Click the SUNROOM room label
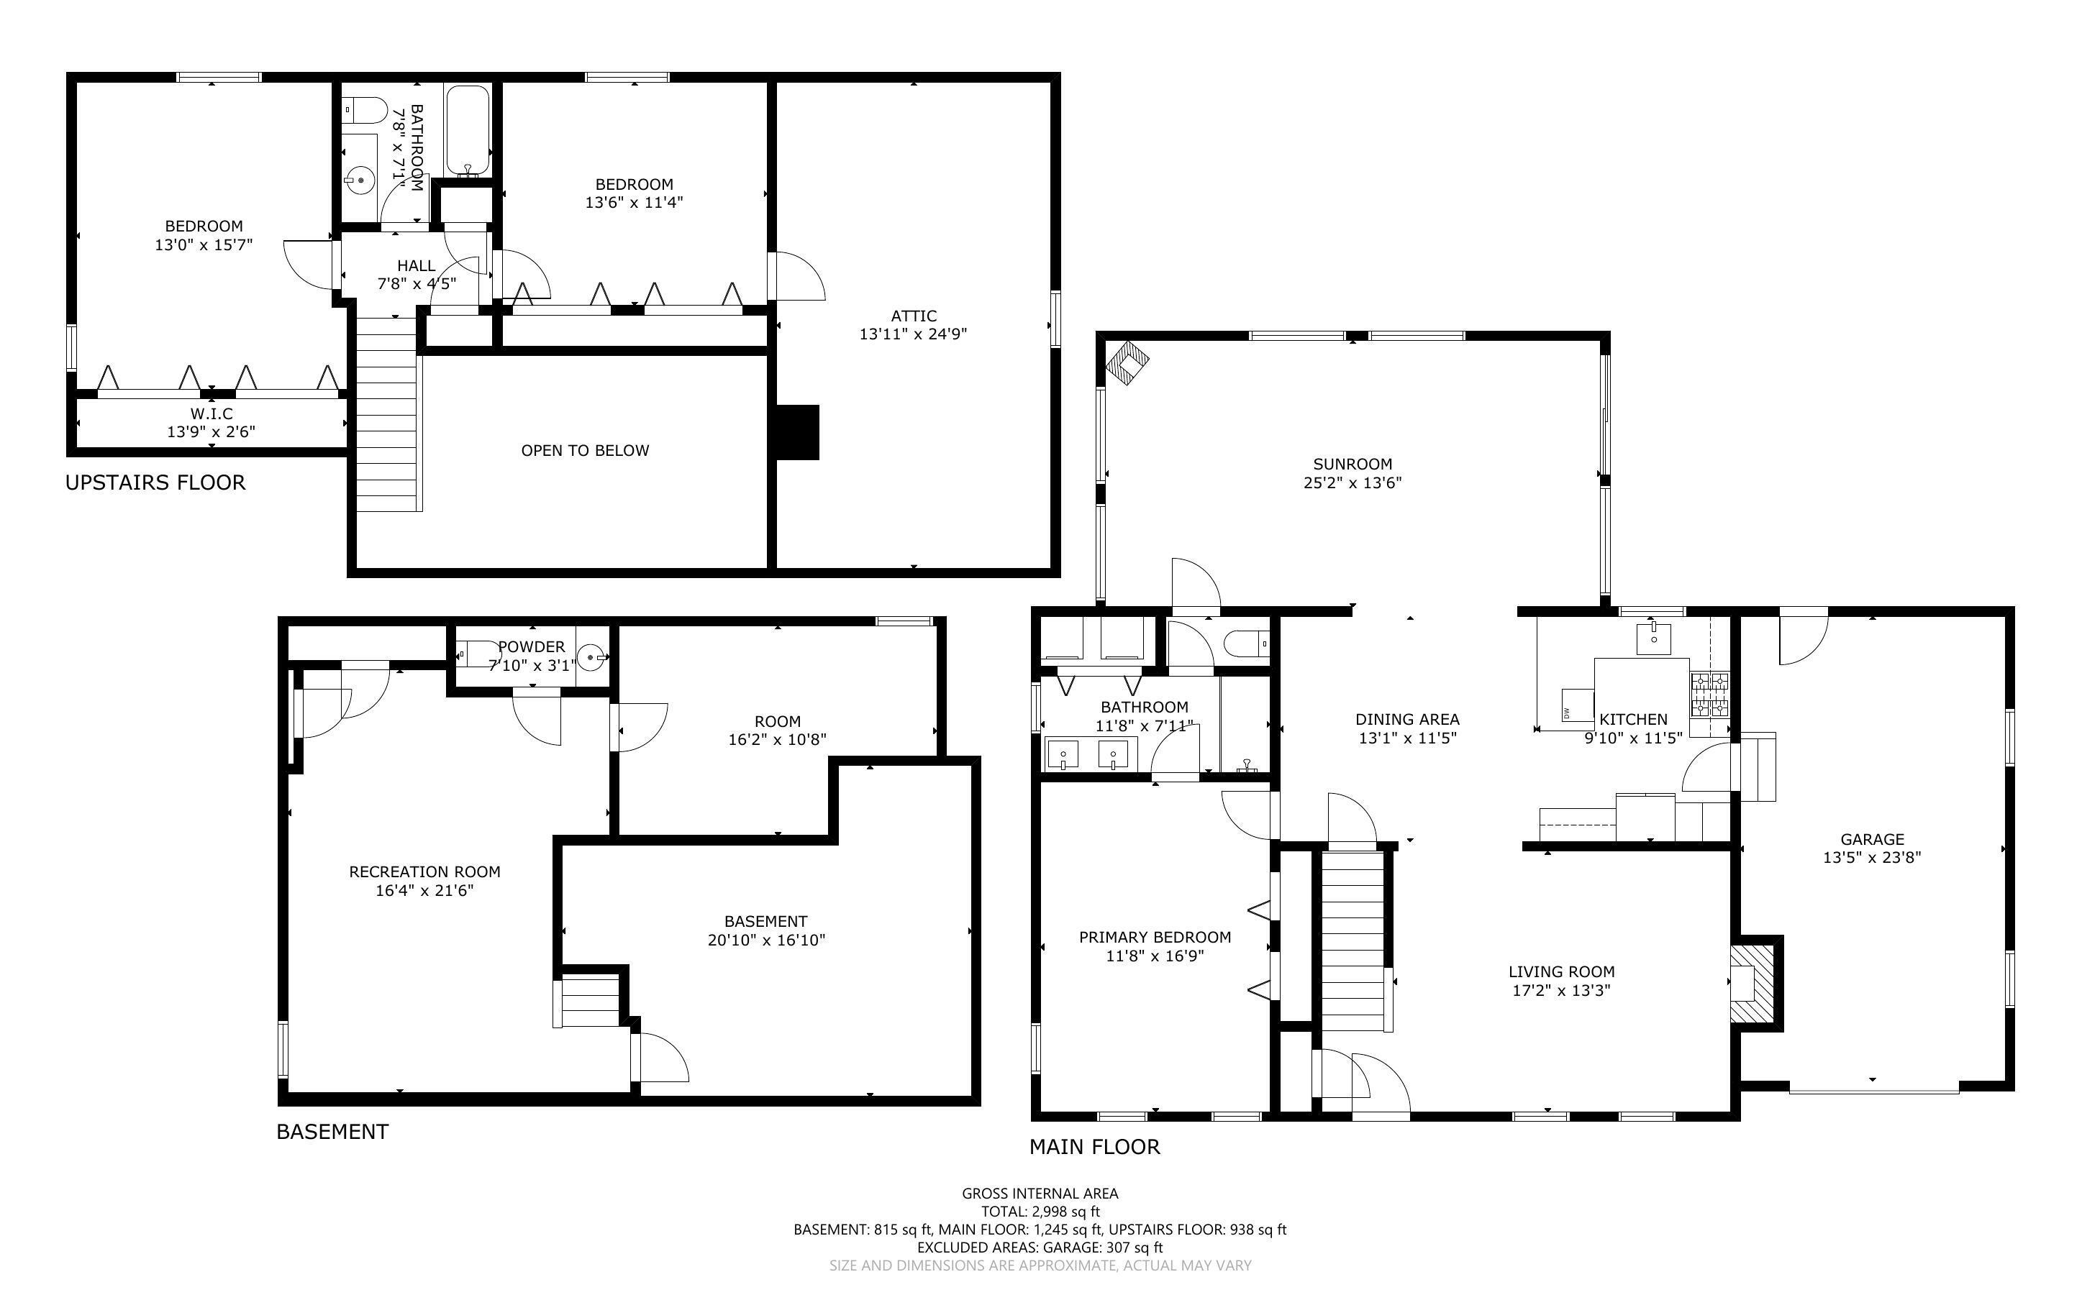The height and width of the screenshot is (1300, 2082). [1352, 464]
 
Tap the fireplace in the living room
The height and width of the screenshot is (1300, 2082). [1752, 984]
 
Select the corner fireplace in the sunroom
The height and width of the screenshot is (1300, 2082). [1127, 363]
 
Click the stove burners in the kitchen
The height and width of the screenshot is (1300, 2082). [1709, 695]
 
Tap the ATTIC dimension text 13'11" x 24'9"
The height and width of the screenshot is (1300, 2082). [912, 334]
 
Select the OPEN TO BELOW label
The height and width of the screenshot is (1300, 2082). [585, 451]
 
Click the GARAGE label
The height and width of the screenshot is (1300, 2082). [1871, 839]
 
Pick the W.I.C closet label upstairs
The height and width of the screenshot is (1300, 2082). [212, 413]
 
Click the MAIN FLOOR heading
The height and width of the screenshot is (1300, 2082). [1094, 1147]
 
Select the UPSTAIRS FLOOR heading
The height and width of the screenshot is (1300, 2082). [155, 482]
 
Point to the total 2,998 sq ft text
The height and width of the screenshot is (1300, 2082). [1040, 1212]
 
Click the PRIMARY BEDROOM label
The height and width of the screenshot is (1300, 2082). [1154, 937]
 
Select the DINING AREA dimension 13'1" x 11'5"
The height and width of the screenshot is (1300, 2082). [1407, 738]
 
